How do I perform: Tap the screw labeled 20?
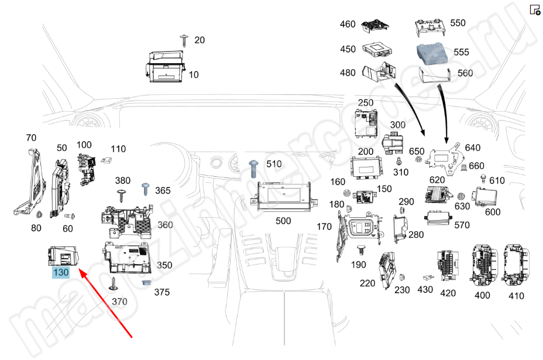click(184, 40)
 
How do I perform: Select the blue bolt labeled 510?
click(254, 168)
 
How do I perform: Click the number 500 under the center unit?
click(283, 221)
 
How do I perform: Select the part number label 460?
click(348, 24)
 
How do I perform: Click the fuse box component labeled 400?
click(484, 263)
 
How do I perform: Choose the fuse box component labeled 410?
click(518, 263)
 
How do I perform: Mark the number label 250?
click(366, 103)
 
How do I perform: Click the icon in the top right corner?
click(535, 9)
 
